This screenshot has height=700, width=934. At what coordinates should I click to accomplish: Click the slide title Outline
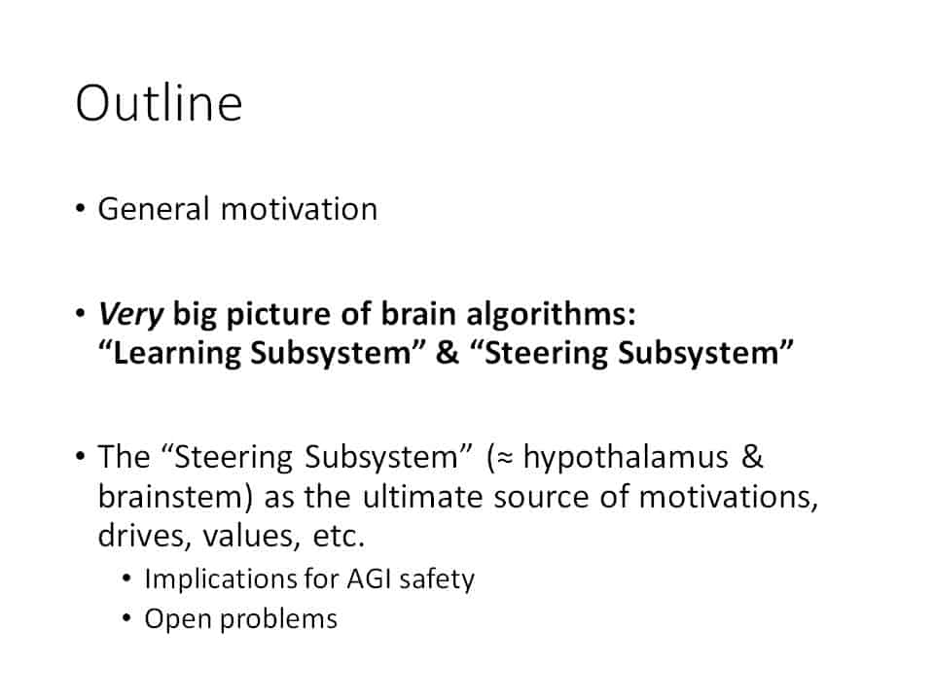pyautogui.click(x=159, y=103)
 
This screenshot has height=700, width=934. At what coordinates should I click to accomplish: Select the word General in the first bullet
pyautogui.click(x=154, y=209)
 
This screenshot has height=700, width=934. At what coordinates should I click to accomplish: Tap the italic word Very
pyautogui.click(x=130, y=314)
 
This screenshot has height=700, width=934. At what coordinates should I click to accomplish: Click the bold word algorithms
pyautogui.click(x=551, y=314)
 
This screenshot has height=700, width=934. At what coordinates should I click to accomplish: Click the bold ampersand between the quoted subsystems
pyautogui.click(x=448, y=352)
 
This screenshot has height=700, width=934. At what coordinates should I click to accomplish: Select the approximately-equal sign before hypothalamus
pyautogui.click(x=505, y=458)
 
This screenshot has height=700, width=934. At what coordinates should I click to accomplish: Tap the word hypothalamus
pyautogui.click(x=626, y=458)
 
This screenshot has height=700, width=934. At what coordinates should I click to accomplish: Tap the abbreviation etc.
pyautogui.click(x=339, y=537)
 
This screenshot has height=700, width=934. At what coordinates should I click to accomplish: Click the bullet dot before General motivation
pyautogui.click(x=81, y=209)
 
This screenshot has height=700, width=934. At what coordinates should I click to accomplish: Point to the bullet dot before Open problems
pyautogui.click(x=126, y=618)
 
